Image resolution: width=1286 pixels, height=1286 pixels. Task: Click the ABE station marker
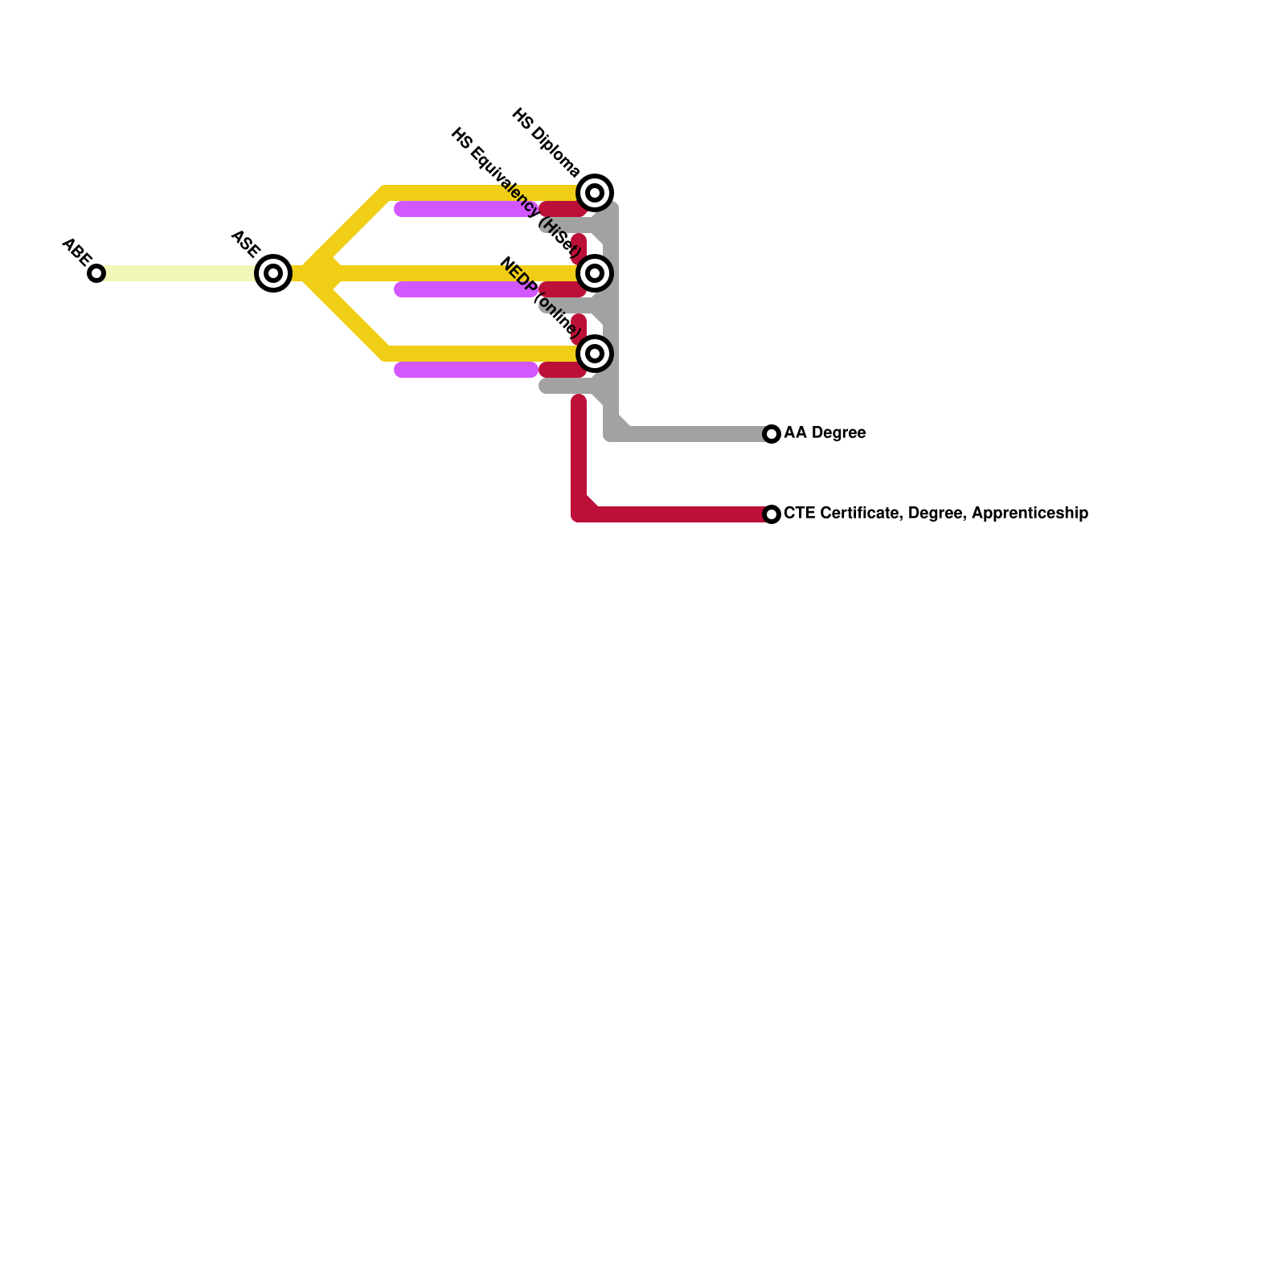point(96,273)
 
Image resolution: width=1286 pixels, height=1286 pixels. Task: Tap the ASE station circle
point(273,273)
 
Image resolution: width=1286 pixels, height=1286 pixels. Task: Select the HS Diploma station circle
point(595,193)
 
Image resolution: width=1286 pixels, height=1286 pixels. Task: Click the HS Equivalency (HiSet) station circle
point(595,273)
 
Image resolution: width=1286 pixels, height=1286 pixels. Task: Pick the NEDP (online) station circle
point(595,354)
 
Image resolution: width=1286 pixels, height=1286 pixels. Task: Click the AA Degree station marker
point(772,434)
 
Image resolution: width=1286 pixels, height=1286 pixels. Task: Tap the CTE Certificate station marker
point(772,514)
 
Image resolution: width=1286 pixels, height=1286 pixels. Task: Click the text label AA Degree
point(825,433)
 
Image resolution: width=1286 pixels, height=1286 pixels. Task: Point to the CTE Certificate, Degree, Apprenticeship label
point(936,514)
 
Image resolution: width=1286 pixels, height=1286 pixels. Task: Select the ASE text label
point(245,244)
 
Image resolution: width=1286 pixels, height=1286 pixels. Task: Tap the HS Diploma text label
point(546,142)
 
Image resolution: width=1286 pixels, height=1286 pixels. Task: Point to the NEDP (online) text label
point(539,297)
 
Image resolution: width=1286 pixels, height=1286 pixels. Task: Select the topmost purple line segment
point(466,210)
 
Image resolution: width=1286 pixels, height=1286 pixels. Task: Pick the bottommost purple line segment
point(466,370)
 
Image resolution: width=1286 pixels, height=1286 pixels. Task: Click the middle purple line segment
point(466,289)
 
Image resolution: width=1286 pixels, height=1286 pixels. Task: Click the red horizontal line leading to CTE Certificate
point(683,514)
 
